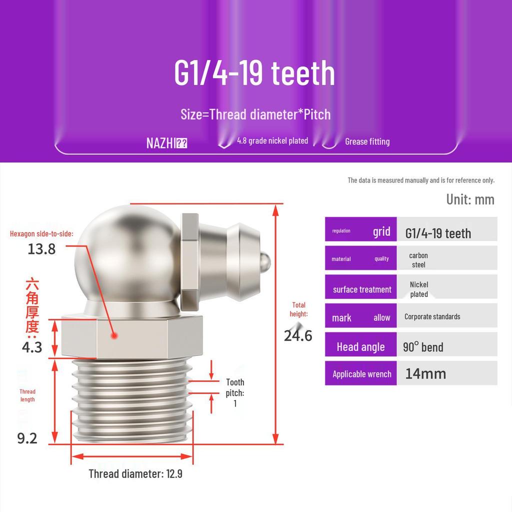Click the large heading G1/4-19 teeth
click(x=254, y=73)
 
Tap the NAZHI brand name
click(x=161, y=143)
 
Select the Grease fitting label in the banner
click(x=367, y=141)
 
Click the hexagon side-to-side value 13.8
click(x=41, y=249)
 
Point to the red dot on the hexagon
click(x=114, y=335)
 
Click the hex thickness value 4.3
click(x=32, y=347)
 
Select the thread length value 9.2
click(x=27, y=438)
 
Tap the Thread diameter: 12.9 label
click(x=135, y=473)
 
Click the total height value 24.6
click(x=298, y=335)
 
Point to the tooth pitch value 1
click(x=235, y=403)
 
